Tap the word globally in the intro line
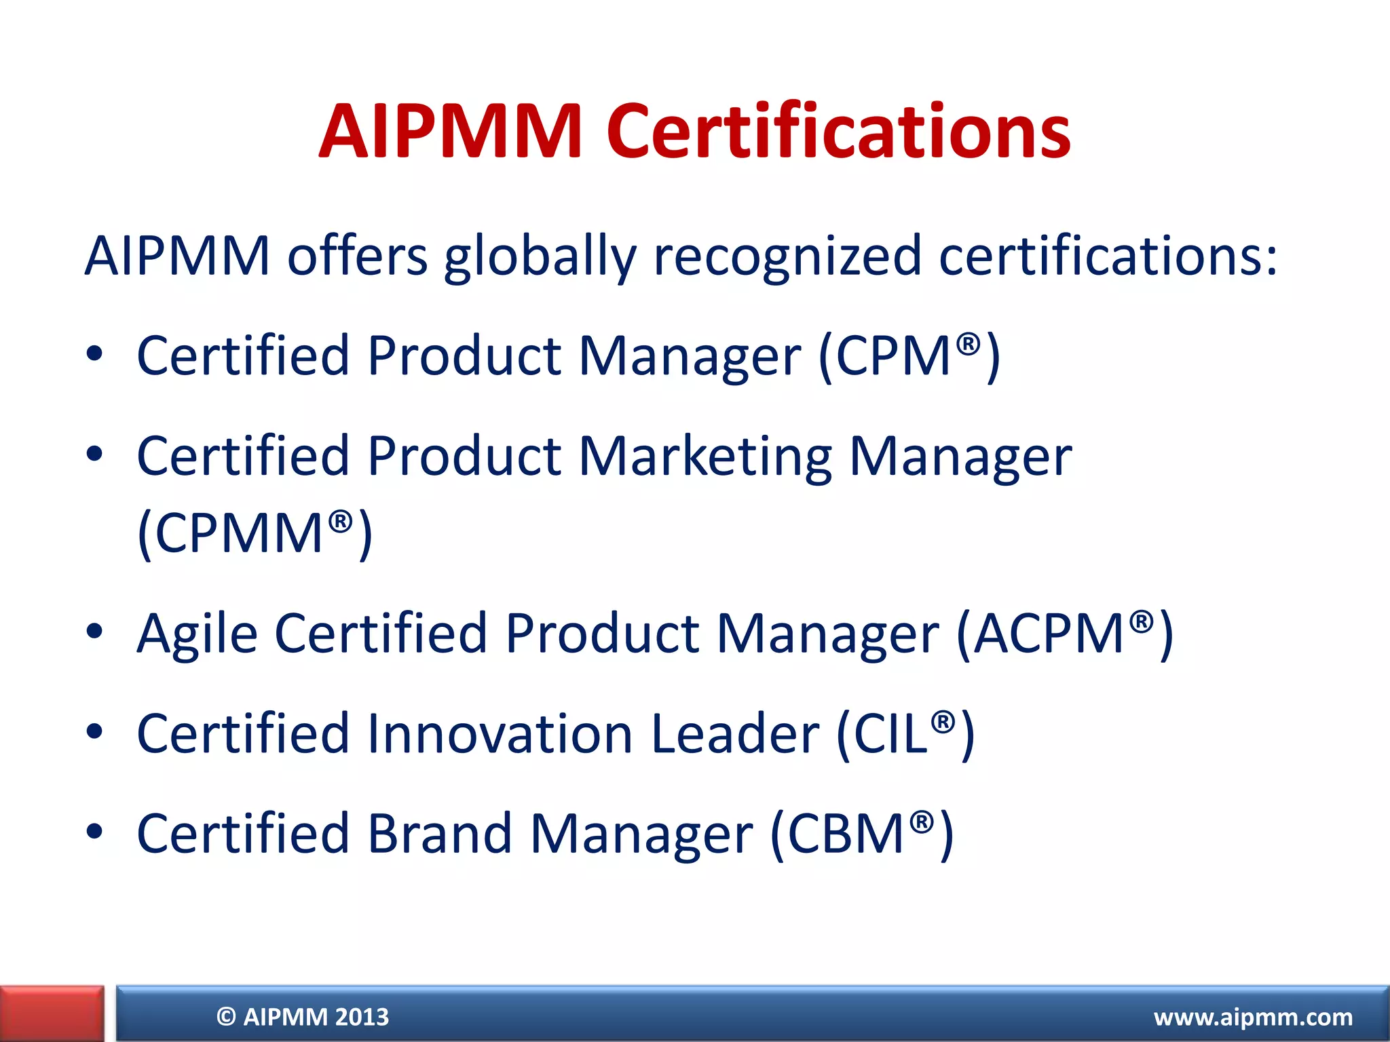pos(540,256)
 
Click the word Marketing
pos(705,456)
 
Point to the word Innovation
pos(500,734)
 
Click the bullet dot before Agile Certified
pos(94,632)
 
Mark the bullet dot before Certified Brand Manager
pos(94,831)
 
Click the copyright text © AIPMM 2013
pos(303,1017)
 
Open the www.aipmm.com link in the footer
pos(1253,1017)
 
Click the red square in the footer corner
pos(52,1014)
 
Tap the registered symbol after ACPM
pos(1142,619)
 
